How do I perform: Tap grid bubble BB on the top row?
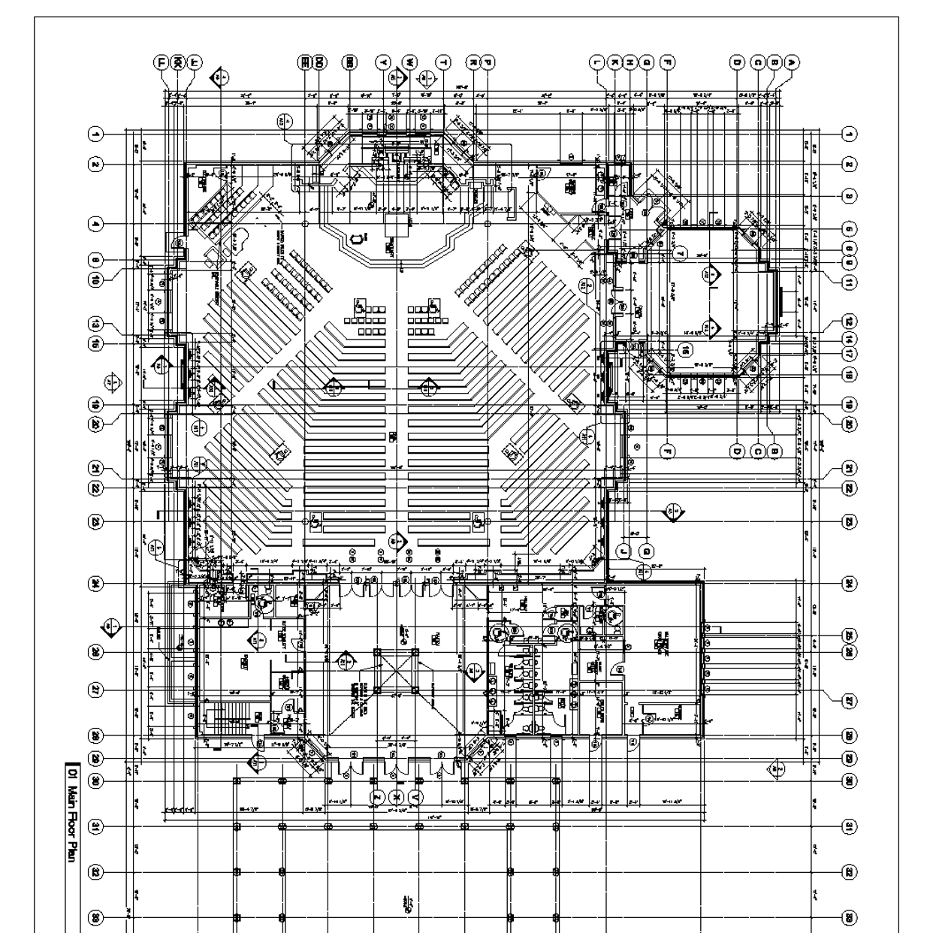349,63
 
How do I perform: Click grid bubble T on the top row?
443,63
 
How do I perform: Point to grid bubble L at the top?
597,63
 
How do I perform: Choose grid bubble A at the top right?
790,63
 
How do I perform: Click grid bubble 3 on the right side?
849,195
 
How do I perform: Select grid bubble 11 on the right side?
849,283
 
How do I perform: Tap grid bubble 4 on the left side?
95,223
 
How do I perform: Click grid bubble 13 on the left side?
95,324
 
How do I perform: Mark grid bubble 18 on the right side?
849,374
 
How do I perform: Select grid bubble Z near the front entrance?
377,796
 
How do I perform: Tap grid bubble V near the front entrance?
418,796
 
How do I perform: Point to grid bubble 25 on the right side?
849,633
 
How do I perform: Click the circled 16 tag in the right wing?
685,349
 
